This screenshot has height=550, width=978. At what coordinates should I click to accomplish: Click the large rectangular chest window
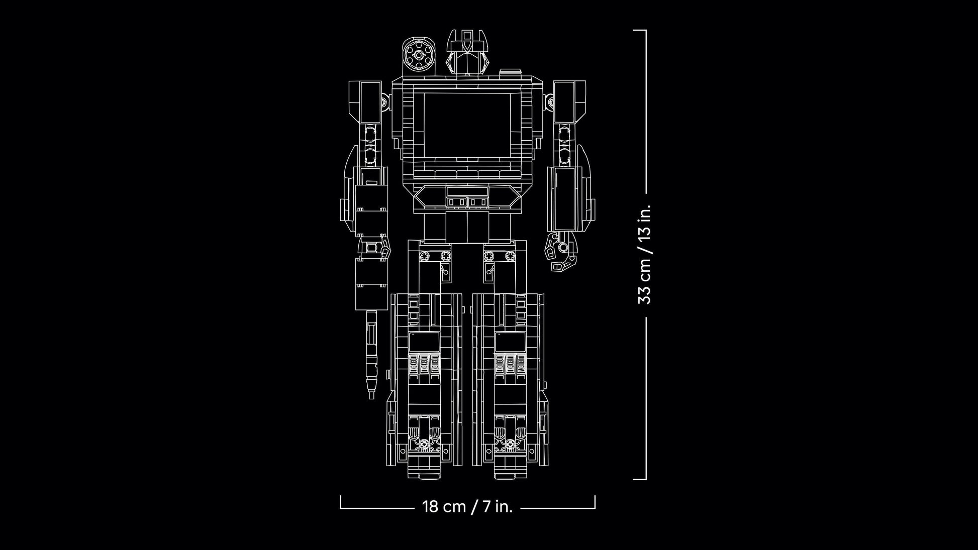tap(467, 124)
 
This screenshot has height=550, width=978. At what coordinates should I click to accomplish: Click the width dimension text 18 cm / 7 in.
tap(467, 506)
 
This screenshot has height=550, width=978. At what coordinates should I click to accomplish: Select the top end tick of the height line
tap(639, 30)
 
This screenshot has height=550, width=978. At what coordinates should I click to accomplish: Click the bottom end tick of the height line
tap(639, 479)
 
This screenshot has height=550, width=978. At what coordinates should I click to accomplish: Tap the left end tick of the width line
tap(341, 502)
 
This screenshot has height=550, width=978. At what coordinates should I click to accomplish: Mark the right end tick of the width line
tap(595, 502)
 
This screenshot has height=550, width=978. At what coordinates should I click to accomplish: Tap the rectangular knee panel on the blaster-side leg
tap(424, 342)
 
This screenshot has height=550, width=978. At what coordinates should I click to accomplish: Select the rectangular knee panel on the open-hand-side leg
tap(510, 342)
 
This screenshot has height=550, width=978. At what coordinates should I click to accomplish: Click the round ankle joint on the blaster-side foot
tap(425, 444)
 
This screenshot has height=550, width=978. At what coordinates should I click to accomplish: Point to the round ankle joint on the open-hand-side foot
tap(511, 444)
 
